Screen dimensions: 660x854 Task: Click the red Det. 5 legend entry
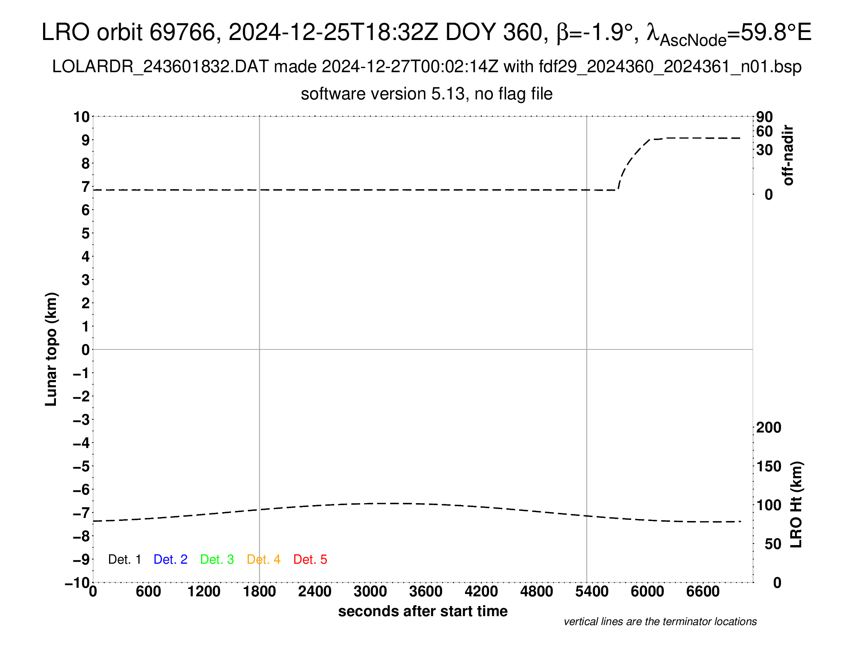pos(310,559)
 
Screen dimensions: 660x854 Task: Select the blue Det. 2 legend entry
pos(170,559)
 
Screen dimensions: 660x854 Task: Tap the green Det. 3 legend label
pos(217,559)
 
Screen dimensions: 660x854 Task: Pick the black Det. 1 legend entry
pos(124,559)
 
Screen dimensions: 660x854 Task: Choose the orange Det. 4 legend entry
pos(263,559)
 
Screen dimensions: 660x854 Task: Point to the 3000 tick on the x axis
pos(370,592)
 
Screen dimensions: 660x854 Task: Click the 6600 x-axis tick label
pos(703,592)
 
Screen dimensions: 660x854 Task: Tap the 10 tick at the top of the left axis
pos(82,117)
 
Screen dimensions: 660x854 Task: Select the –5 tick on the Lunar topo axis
pos(82,466)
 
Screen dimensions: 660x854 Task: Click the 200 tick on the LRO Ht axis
pos(768,428)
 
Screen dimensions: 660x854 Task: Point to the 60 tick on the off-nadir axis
pos(764,132)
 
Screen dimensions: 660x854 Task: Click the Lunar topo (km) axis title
pos(51,349)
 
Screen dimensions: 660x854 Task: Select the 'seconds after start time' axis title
pos(423,611)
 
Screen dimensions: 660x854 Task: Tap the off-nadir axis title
pos(788,155)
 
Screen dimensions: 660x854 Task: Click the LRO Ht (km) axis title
pos(796,505)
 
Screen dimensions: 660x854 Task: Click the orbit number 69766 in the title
pos(182,32)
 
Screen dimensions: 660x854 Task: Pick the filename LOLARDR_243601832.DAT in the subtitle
pos(160,67)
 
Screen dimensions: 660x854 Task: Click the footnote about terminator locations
pos(660,622)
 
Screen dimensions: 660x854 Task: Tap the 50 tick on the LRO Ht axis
pos(772,544)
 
